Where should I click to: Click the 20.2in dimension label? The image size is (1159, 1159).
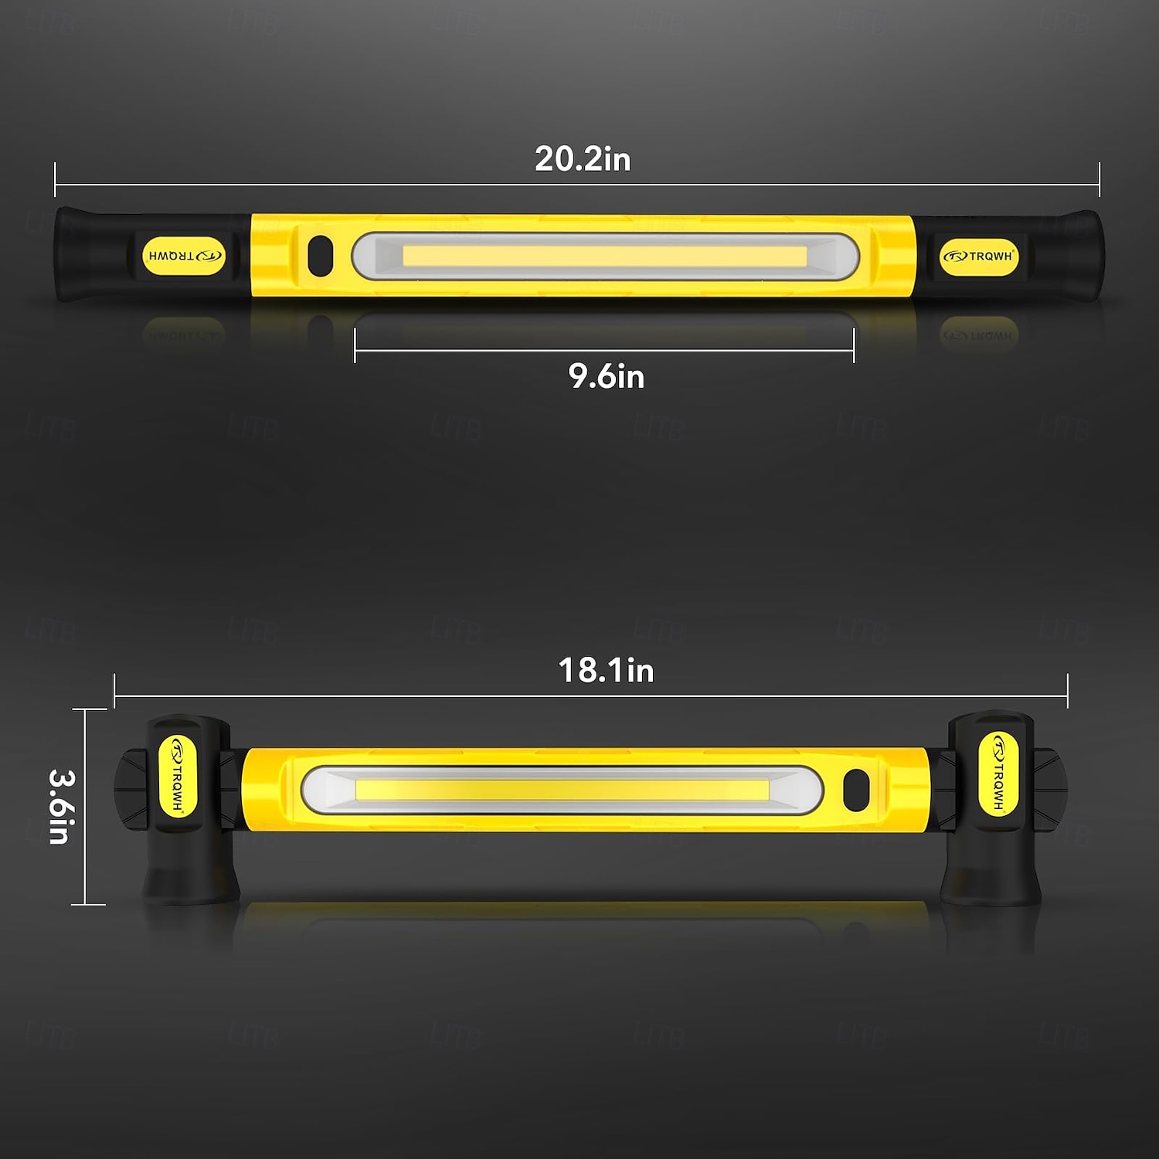click(583, 159)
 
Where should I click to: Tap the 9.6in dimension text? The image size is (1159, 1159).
click(606, 376)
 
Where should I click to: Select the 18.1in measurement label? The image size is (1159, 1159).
click(606, 671)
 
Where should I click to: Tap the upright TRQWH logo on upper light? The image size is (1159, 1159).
click(978, 256)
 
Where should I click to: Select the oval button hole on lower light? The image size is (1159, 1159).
click(856, 790)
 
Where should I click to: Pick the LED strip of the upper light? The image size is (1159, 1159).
click(604, 256)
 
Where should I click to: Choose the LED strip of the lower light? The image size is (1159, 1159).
click(562, 790)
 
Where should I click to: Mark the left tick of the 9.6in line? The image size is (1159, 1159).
click(355, 345)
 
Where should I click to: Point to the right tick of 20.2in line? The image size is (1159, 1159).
click(1099, 179)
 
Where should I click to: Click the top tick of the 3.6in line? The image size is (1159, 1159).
click(88, 709)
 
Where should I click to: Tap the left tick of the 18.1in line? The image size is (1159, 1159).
click(114, 691)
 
